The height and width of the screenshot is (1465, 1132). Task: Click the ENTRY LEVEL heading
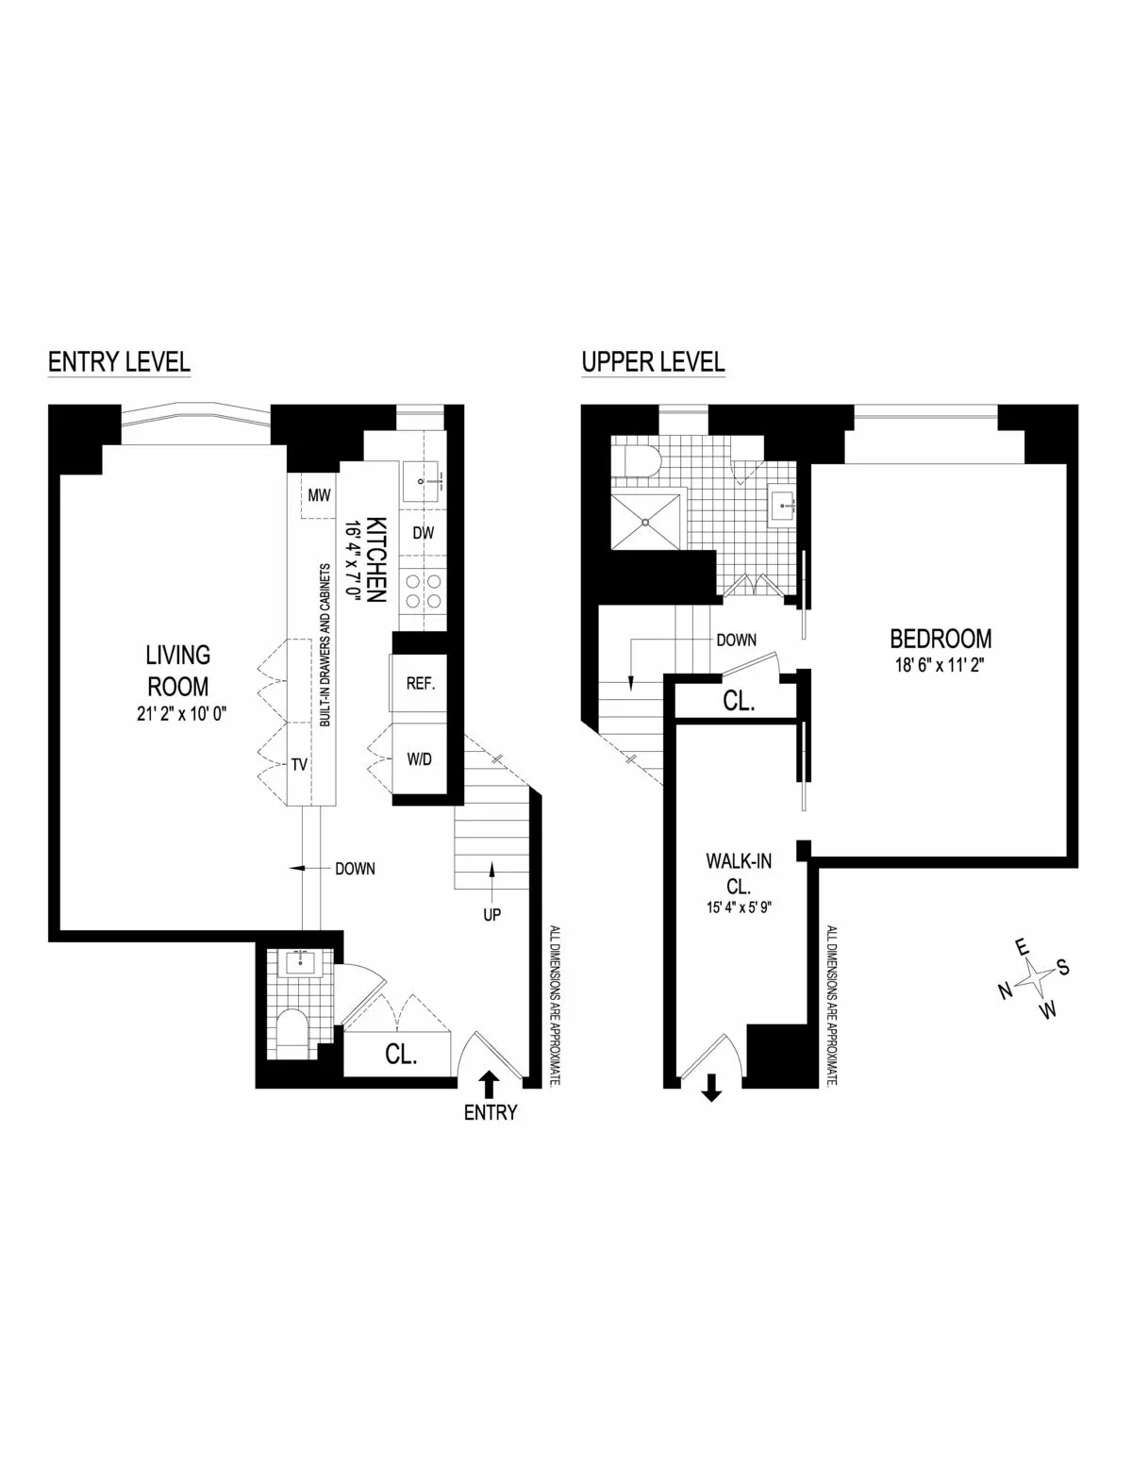119,361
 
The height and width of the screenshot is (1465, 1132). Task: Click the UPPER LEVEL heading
653,361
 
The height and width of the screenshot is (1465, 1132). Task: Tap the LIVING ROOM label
177,669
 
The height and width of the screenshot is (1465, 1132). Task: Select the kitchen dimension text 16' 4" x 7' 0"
353,557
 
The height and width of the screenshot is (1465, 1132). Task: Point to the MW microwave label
318,494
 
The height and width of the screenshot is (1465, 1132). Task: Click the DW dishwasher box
423,533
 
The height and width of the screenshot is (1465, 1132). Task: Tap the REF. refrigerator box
420,684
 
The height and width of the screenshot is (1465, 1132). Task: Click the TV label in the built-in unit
299,764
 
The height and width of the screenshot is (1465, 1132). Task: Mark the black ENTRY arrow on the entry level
490,1081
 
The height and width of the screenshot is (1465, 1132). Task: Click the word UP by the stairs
491,914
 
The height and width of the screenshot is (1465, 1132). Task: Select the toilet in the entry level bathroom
293,1031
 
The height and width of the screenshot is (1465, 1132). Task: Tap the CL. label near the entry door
401,1055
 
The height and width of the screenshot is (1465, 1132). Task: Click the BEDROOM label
941,639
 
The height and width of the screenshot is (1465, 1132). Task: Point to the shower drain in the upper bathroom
647,519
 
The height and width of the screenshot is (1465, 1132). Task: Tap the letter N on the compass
1005,990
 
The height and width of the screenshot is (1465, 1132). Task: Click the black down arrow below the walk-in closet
711,1090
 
